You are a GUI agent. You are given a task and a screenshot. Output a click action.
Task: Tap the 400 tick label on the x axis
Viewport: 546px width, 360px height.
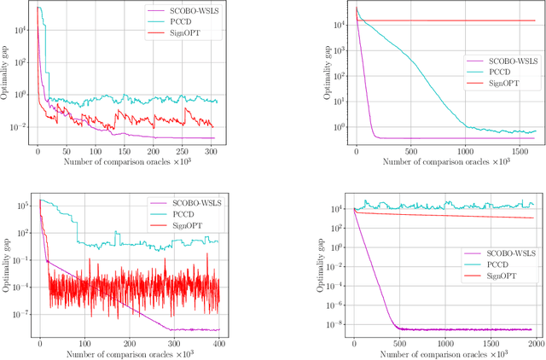[219, 343]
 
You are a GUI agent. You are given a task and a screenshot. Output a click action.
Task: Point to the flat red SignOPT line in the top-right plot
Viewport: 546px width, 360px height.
[444, 20]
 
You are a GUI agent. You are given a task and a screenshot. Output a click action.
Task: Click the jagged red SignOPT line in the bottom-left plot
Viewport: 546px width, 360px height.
[128, 282]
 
